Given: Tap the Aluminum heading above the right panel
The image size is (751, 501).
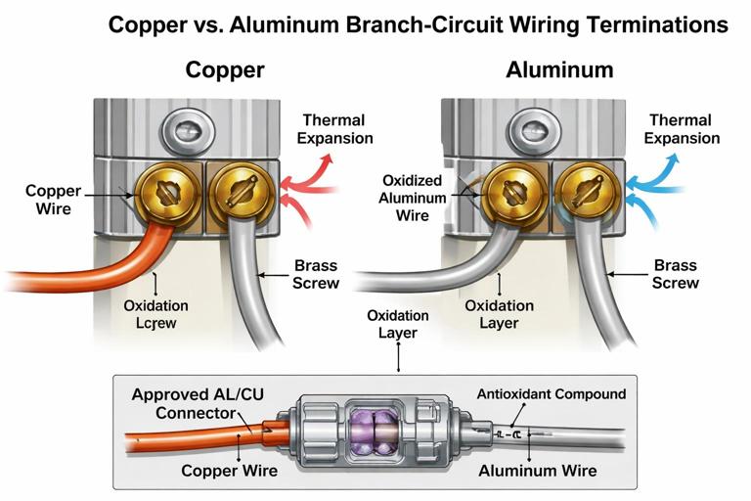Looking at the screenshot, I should pos(559,69).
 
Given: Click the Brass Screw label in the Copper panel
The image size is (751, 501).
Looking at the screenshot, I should pos(316,274).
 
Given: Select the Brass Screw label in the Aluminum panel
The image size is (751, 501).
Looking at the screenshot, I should pos(676,274).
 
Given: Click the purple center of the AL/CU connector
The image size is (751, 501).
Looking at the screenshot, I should pos(371,432).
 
